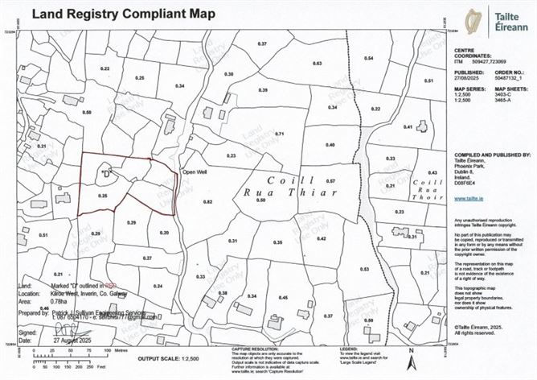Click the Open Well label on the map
[x=196, y=171]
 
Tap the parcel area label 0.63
[x=317, y=63]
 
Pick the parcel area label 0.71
[x=280, y=133]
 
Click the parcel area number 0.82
[x=207, y=201]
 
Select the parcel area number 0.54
[x=368, y=59]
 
